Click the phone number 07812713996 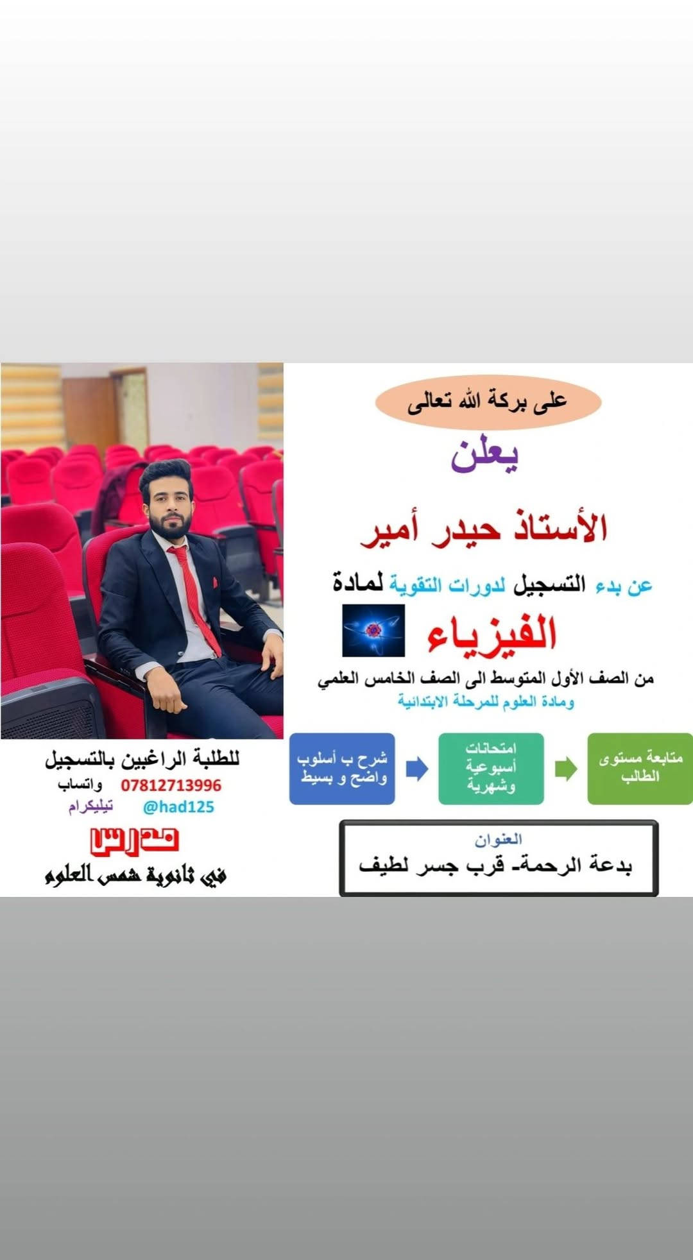pos(171,785)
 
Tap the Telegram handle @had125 pos(178,807)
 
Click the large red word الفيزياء pos(492,632)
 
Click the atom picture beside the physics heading pos(373,630)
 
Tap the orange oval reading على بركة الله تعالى pos(488,402)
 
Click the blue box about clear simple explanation pos(342,769)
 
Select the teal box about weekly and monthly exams pos(491,769)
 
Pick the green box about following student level pos(640,769)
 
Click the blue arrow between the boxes pos(417,769)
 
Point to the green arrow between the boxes pos(566,769)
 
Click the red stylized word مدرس pos(134,842)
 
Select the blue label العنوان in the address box pos(499,839)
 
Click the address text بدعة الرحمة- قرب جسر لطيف pos(496,865)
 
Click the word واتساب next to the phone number pos(80,785)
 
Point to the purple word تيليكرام pos(90,806)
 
